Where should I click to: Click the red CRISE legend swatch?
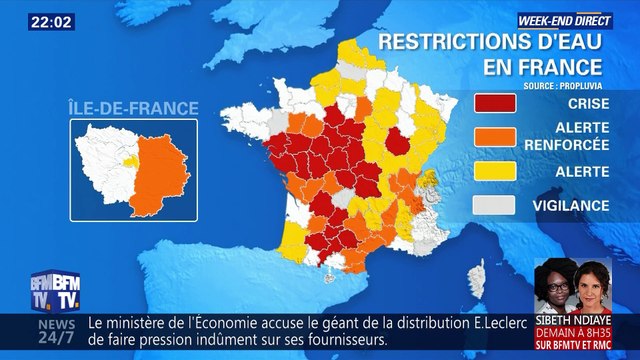coord(494,104)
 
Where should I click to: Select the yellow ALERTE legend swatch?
coord(494,171)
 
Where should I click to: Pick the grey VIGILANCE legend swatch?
coord(494,205)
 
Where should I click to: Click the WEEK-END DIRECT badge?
coord(562,19)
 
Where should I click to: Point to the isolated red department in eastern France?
coord(398,139)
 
